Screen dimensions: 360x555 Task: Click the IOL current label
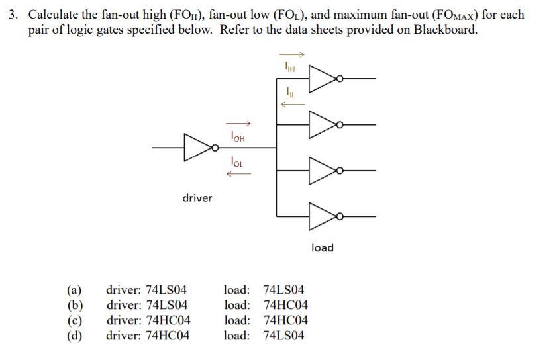coord(238,159)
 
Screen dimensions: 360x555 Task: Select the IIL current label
coord(289,91)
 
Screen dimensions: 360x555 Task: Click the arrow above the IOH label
coord(238,122)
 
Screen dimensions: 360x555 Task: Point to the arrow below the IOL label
coord(238,173)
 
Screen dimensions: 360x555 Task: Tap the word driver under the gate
coord(197,198)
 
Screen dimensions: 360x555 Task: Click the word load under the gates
coord(322,247)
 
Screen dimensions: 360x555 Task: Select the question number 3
coord(13,15)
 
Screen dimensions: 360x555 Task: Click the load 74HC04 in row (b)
coord(285,305)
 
